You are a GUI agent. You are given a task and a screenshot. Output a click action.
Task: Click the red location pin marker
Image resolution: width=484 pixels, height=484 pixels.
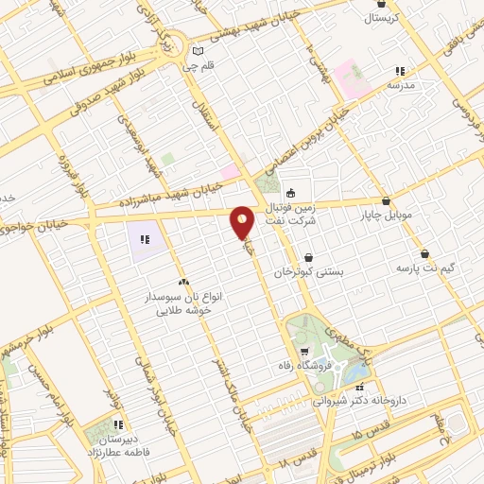(243, 223)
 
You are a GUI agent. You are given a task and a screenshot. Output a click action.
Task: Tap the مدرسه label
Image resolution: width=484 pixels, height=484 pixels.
(402, 85)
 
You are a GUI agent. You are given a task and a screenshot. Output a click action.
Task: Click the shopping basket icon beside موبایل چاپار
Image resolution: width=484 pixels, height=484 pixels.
(388, 200)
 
